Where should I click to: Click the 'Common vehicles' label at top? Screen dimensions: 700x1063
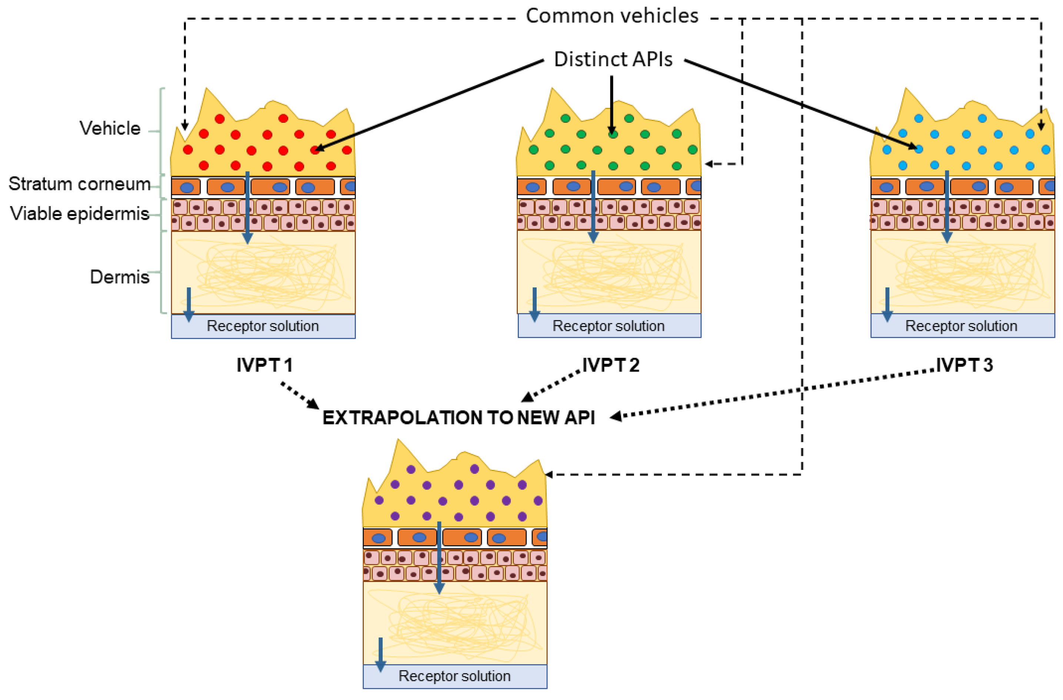[x=612, y=16]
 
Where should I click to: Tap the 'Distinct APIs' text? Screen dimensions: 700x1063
[x=613, y=59]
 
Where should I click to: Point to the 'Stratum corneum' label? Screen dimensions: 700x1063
[x=80, y=184]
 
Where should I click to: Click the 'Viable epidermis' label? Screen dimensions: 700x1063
[x=80, y=214]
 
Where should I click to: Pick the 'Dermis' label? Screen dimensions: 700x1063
[x=119, y=277]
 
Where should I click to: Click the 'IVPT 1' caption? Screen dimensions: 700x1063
[x=264, y=366]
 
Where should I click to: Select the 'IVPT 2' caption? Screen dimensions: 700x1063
[x=611, y=366]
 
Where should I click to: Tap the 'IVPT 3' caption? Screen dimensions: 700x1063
[x=964, y=366]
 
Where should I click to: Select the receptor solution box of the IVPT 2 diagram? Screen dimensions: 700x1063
[x=609, y=326]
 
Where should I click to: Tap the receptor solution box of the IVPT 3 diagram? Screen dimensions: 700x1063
[x=962, y=326]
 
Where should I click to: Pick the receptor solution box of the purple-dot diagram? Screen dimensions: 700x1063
[x=455, y=676]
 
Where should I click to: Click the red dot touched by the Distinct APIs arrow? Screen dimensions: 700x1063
[x=315, y=150]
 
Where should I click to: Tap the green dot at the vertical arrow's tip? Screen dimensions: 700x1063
[x=613, y=134]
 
